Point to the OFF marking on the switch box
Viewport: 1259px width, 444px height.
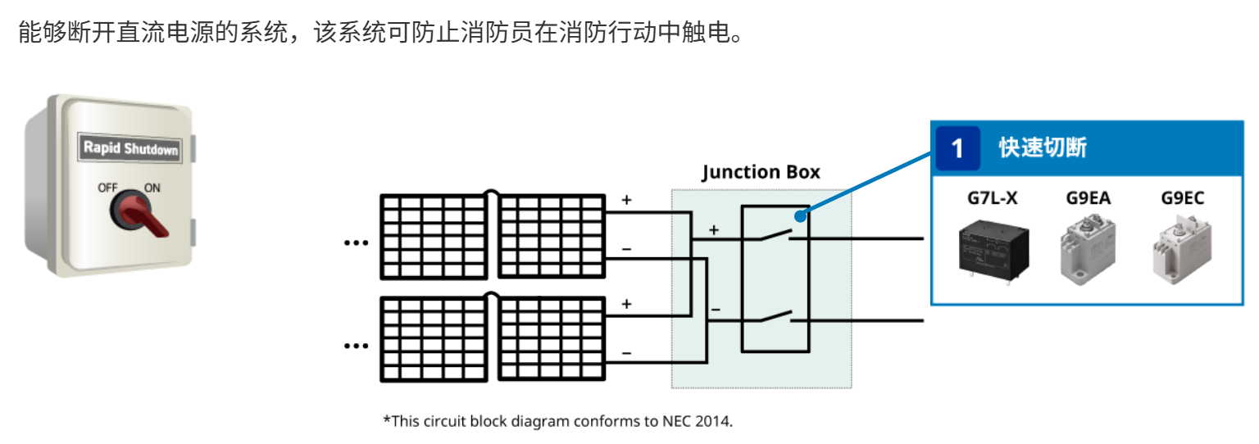point(108,188)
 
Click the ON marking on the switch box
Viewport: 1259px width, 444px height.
point(152,188)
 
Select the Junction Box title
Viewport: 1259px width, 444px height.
point(761,172)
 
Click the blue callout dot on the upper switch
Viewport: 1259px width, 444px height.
point(798,216)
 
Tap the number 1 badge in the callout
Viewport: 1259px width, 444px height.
point(957,148)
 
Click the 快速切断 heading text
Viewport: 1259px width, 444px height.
point(1042,148)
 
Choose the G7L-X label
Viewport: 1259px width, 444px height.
point(992,198)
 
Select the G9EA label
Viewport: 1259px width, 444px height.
point(1089,198)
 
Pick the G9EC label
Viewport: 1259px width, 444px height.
point(1183,198)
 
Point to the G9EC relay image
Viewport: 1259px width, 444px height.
point(1183,250)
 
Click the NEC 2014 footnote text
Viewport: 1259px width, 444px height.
point(557,422)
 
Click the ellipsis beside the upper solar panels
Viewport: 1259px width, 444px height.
point(356,242)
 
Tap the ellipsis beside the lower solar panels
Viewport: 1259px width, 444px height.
point(356,346)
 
